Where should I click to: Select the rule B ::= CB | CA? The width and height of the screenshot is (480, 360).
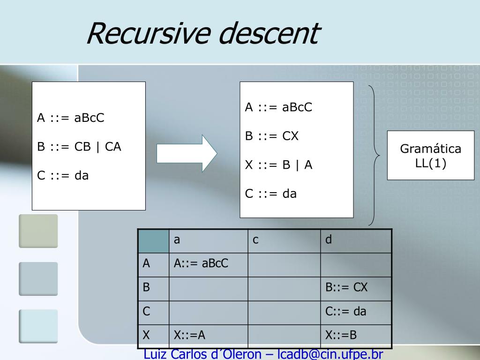pyautogui.click(x=79, y=147)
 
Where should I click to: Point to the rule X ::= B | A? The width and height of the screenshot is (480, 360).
pyautogui.click(x=279, y=165)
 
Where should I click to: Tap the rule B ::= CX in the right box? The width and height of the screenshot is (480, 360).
pyautogui.click(x=272, y=136)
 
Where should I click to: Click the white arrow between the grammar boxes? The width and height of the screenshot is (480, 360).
pyautogui.click(x=187, y=153)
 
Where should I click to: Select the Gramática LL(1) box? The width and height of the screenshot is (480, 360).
pyautogui.click(x=430, y=156)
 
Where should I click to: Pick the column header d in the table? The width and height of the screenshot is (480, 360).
pyautogui.click(x=329, y=240)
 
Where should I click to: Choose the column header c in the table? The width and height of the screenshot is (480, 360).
pyautogui.click(x=255, y=240)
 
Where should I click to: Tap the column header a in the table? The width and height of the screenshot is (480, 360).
pyautogui.click(x=177, y=240)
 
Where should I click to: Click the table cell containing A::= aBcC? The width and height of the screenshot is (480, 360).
pyautogui.click(x=201, y=263)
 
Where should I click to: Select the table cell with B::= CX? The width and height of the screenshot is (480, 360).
pyautogui.click(x=347, y=287)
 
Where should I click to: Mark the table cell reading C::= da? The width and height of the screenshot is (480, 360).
pyautogui.click(x=346, y=311)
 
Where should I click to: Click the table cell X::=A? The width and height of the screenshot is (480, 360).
pyautogui.click(x=190, y=335)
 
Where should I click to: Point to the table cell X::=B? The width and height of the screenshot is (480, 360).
pyautogui.click(x=341, y=335)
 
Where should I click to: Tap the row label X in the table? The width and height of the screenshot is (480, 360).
pyautogui.click(x=146, y=335)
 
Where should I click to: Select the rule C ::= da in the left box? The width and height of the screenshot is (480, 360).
pyautogui.click(x=63, y=176)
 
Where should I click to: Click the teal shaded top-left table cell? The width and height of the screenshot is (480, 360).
pyautogui.click(x=153, y=241)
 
